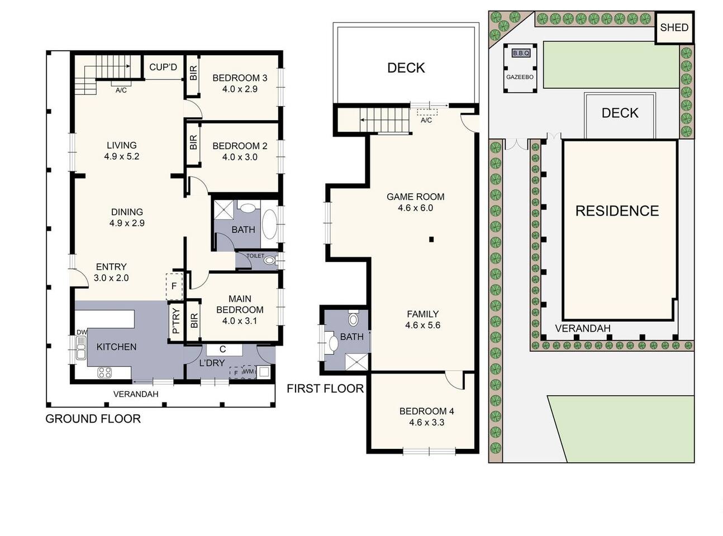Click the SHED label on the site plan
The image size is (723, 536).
(674, 27)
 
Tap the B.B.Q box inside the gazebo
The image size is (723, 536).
(521, 53)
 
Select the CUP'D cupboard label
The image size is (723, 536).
(163, 67)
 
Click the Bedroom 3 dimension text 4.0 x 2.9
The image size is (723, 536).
(240, 89)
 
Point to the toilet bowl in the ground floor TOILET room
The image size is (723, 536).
(269, 260)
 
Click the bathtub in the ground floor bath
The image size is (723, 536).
(269, 224)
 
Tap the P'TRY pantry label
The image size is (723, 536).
(175, 321)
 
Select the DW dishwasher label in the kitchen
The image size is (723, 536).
(82, 332)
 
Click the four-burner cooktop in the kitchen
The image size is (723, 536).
(104, 372)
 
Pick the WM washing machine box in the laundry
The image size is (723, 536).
(249, 371)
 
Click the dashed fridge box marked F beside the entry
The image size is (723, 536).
(174, 286)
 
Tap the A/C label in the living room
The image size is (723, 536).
(121, 90)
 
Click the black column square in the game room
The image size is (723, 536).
(431, 240)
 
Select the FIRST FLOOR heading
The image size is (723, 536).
(325, 389)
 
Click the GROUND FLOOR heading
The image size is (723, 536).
(93, 419)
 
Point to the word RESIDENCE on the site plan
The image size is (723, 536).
(617, 211)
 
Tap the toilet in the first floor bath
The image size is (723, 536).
(353, 318)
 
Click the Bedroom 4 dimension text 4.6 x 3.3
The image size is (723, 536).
(427, 422)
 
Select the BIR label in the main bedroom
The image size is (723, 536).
(194, 320)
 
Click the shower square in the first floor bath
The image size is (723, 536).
(356, 361)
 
